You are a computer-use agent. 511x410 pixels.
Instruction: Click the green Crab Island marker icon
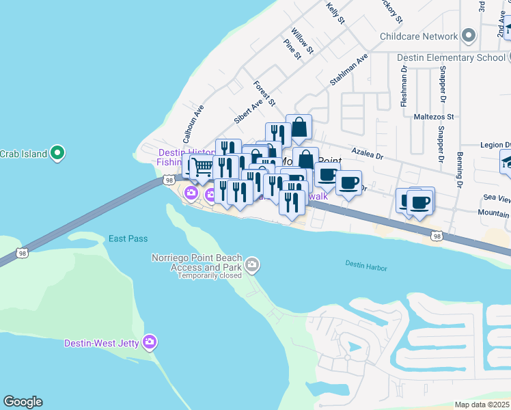[58, 153]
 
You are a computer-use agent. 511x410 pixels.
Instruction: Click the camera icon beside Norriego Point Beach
[252, 264]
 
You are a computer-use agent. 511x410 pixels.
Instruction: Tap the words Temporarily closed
[209, 276]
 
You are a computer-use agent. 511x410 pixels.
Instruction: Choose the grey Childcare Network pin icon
[469, 36]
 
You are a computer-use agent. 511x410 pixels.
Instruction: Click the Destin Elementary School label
[451, 57]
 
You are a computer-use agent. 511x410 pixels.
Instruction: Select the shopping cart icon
[201, 166]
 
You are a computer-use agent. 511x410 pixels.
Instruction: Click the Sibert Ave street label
[249, 109]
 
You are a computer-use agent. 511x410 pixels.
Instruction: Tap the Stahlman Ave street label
[349, 69]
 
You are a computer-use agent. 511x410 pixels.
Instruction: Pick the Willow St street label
[301, 41]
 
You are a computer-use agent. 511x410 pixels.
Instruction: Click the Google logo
[23, 402]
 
